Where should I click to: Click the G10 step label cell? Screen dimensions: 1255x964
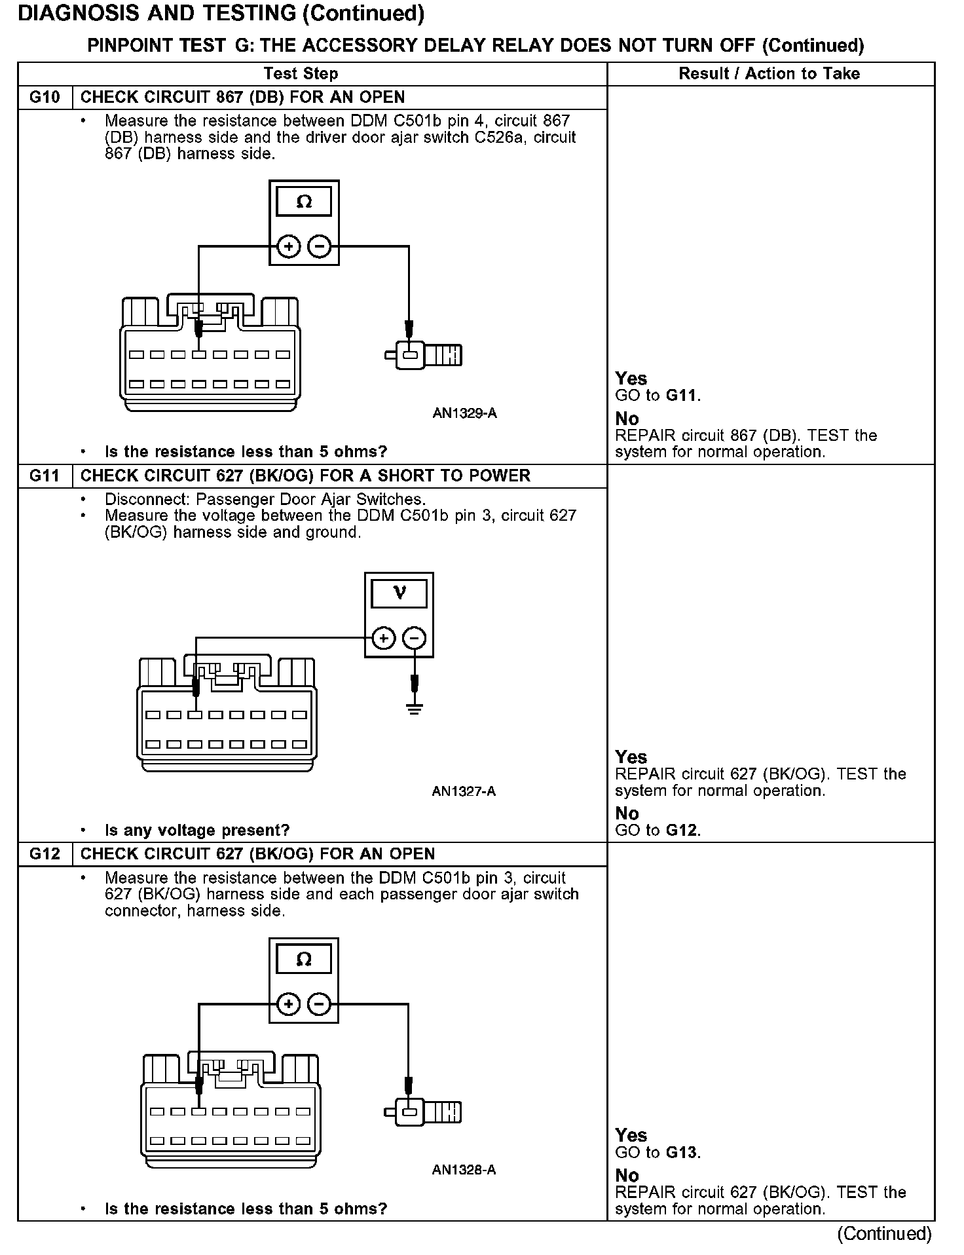[45, 98]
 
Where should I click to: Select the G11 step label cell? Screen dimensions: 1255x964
[45, 476]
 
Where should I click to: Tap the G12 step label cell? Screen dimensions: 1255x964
[45, 854]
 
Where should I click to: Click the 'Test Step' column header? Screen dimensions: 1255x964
[301, 73]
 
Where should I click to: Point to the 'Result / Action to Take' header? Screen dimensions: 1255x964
[769, 73]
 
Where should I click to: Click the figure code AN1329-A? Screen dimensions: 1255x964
[464, 413]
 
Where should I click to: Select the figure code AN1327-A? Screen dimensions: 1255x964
[464, 791]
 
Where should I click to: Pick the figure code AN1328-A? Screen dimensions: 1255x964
[464, 1170]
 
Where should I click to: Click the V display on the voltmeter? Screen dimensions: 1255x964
[399, 593]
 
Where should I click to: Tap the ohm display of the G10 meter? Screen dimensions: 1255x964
[304, 202]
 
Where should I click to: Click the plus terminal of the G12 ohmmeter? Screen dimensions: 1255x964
[289, 1004]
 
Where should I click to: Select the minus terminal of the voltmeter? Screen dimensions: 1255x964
[414, 638]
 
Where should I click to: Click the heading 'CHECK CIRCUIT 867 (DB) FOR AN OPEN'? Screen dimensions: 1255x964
[242, 98]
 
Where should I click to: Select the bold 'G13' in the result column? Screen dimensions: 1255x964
[682, 1152]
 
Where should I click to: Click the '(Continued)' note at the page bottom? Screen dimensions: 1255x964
[883, 1233]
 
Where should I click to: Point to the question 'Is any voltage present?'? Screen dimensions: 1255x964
[196, 831]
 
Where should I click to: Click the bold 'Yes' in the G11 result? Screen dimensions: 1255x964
[631, 757]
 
